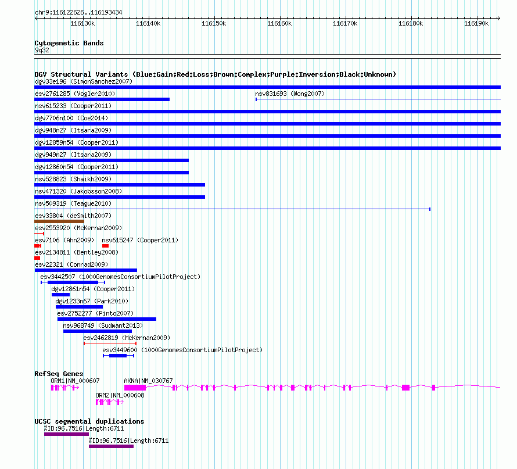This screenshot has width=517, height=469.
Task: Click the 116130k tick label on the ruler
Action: [x=82, y=24]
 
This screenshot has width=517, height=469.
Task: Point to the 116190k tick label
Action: [x=476, y=24]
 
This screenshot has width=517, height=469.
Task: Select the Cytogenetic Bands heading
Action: [x=69, y=43]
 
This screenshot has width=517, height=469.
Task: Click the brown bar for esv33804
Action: [x=59, y=221]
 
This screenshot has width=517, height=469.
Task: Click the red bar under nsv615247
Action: [x=105, y=246]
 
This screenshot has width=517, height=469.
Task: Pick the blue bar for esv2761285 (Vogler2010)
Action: [x=102, y=99]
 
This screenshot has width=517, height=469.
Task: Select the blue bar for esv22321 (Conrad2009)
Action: [x=85, y=270]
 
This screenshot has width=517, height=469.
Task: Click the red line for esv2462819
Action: [x=110, y=343]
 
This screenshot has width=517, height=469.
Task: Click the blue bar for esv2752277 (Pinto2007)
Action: [x=106, y=319]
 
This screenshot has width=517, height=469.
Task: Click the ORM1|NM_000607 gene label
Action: [x=75, y=381]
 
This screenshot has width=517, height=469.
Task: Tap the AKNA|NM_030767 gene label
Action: [x=148, y=381]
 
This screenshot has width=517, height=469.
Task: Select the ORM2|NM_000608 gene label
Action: [x=120, y=395]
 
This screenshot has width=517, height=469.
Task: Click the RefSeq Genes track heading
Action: [x=59, y=374]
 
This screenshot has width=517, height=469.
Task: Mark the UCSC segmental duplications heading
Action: [x=89, y=421]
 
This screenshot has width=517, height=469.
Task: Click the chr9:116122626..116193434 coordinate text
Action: [x=78, y=12]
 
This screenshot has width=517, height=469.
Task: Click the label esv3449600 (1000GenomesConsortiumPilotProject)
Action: [x=182, y=350]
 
